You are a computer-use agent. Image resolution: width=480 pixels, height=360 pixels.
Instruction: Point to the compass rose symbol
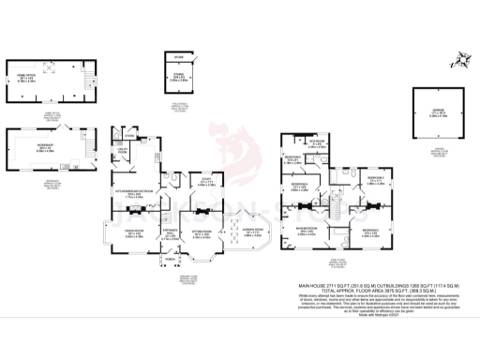click(x=458, y=59)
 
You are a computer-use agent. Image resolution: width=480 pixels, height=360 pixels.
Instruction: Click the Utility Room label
click(x=121, y=152)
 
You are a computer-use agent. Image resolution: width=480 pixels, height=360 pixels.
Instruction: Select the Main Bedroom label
click(x=311, y=229)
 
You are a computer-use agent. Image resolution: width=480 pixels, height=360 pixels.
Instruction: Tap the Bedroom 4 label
click(x=300, y=187)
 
